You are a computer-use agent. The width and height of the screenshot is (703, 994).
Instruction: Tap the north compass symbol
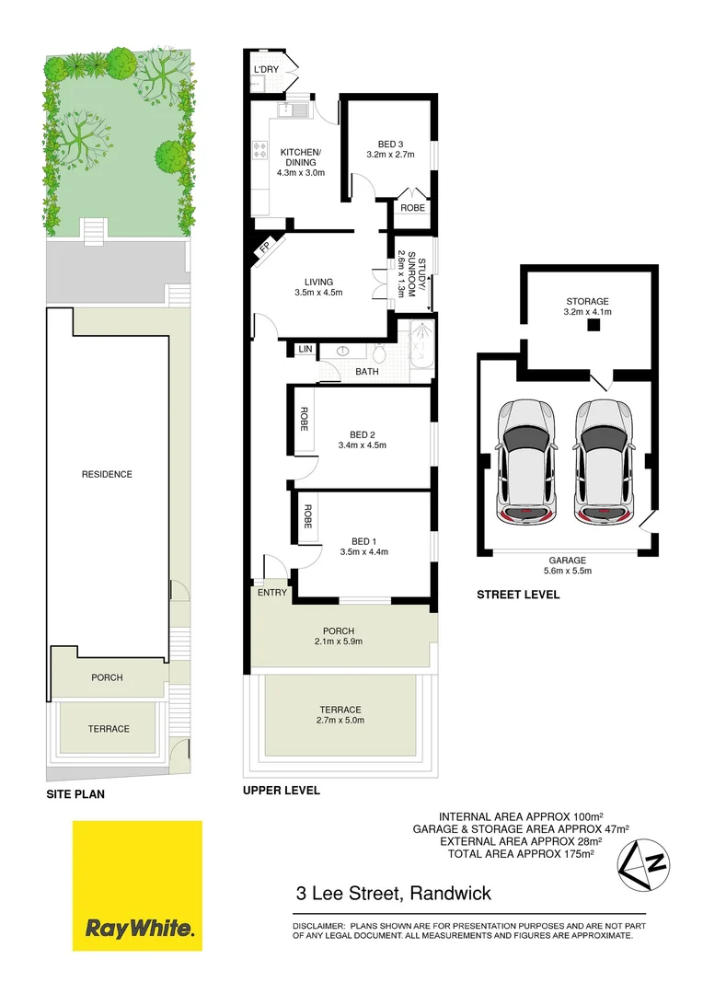click(644, 866)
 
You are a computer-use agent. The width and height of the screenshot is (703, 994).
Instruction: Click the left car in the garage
click(525, 460)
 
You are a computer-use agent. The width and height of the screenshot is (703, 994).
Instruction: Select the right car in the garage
click(604, 460)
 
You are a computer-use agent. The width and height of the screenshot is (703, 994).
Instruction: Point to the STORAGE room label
click(587, 301)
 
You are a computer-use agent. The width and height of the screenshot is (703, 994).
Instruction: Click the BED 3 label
click(391, 144)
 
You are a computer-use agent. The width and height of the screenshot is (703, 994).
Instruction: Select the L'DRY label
click(266, 70)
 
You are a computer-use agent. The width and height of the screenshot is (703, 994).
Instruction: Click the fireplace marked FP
click(265, 247)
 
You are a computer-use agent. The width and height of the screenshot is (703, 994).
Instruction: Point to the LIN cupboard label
click(304, 350)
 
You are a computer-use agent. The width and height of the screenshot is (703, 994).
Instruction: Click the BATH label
click(367, 372)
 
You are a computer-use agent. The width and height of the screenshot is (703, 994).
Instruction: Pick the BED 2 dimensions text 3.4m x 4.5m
click(362, 445)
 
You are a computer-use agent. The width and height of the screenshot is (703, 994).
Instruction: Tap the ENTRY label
click(272, 593)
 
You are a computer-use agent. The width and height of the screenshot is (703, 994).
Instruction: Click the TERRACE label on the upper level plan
click(340, 710)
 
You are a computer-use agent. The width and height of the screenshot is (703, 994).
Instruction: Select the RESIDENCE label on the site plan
click(107, 474)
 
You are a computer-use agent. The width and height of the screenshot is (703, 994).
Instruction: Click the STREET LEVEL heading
click(517, 595)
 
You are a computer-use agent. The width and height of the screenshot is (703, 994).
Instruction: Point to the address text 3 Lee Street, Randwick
click(394, 893)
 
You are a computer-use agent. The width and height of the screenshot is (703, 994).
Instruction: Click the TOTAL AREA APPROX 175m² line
click(521, 854)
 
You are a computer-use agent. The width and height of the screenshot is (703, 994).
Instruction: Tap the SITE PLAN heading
click(75, 792)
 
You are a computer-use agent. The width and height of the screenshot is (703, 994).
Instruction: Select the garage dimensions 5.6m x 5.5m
click(568, 572)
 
